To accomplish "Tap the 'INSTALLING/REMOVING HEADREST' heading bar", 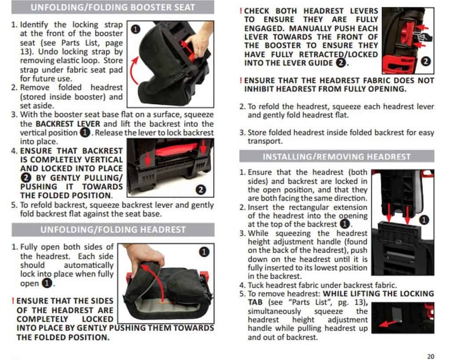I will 336,156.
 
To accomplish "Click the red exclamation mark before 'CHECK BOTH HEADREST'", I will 241,11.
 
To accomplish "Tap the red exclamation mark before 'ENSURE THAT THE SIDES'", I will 13,301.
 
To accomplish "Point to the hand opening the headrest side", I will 143,255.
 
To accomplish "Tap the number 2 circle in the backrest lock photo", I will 201,190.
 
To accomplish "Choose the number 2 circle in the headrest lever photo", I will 425,62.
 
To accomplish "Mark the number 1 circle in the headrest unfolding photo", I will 203,252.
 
